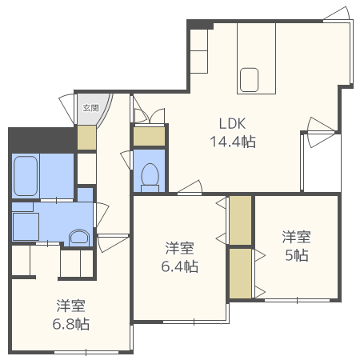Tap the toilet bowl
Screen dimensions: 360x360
[x=150, y=177]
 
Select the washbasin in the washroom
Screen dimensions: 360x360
[x=79, y=237]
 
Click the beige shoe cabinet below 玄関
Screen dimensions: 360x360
[x=86, y=137]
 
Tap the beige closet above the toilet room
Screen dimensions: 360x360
[x=149, y=136]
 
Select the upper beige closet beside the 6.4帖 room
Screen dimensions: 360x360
[x=240, y=219]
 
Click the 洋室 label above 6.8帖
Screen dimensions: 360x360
[x=71, y=306]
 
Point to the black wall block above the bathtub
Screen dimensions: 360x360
[x=40, y=138]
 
